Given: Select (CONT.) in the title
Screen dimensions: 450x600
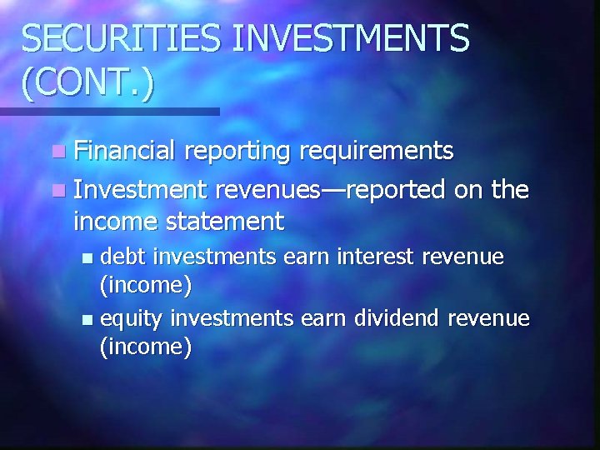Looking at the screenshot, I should pyautogui.click(x=88, y=84).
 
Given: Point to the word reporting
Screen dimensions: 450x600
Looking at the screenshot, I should pyautogui.click(x=238, y=151).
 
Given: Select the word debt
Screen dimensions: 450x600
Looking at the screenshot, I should pyautogui.click(x=127, y=256).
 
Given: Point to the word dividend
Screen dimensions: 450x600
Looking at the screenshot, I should pyautogui.click(x=397, y=317).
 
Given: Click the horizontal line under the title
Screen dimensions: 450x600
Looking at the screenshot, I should pyautogui.click(x=108, y=111).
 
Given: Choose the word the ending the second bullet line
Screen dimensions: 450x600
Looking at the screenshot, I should pyautogui.click(x=509, y=190).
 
